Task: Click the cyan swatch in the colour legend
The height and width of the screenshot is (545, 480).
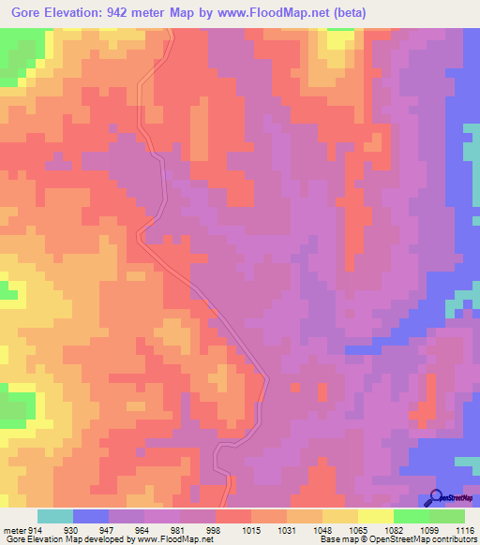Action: pyautogui.click(x=55, y=516)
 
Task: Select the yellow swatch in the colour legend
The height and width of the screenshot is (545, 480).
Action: pyautogui.click(x=376, y=516)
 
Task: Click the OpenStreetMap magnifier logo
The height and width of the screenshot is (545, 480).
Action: pyautogui.click(x=436, y=498)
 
